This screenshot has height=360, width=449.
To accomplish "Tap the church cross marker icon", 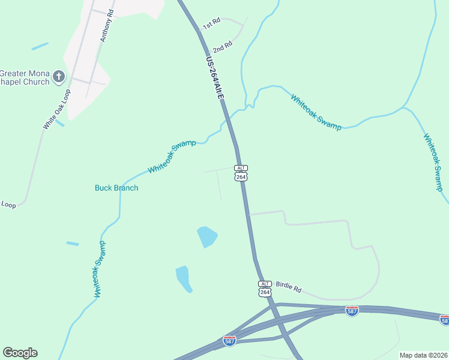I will pyautogui.click(x=58, y=76).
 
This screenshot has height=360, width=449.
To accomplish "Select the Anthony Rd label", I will pyautogui.click(x=107, y=25).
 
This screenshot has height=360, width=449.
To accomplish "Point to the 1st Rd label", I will pyautogui.click(x=211, y=24).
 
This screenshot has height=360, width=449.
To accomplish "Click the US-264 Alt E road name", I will pyautogui.click(x=214, y=78).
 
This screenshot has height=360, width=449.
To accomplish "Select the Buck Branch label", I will pyautogui.click(x=116, y=188).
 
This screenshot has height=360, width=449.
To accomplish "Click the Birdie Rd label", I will pyautogui.click(x=288, y=286).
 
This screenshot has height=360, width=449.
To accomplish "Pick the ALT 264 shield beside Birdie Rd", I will pyautogui.click(x=265, y=289).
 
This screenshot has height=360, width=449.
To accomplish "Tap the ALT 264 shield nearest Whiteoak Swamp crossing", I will pyautogui.click(x=241, y=173).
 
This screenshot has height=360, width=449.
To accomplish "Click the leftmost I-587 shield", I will pyautogui.click(x=229, y=340).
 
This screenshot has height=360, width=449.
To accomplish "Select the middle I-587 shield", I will pyautogui.click(x=352, y=311).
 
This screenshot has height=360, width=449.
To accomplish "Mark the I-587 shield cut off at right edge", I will pyautogui.click(x=444, y=320).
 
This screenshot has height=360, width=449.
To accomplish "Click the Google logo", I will pyautogui.click(x=20, y=353).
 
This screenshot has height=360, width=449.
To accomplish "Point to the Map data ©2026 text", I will pyautogui.click(x=423, y=355).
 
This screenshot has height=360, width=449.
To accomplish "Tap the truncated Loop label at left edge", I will pyautogui.click(x=8, y=205).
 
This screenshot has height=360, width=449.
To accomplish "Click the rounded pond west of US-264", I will pyautogui.click(x=206, y=236).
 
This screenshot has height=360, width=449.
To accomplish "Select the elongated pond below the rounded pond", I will pyautogui.click(x=183, y=278).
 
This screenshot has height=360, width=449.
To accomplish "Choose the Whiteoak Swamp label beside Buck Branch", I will pyautogui.click(x=172, y=157).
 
